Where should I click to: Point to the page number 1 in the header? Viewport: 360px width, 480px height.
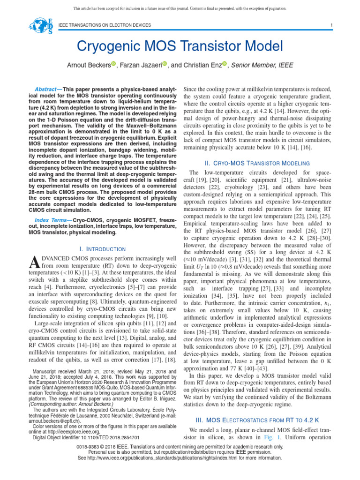pyautogui.click(x=331, y=25)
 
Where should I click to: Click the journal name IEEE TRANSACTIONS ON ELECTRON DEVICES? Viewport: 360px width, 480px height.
pyautogui.click(x=104, y=25)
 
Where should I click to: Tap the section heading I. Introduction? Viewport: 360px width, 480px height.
pyautogui.click(x=102, y=249)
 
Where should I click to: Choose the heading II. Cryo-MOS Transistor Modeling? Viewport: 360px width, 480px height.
pyautogui.click(x=257, y=163)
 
